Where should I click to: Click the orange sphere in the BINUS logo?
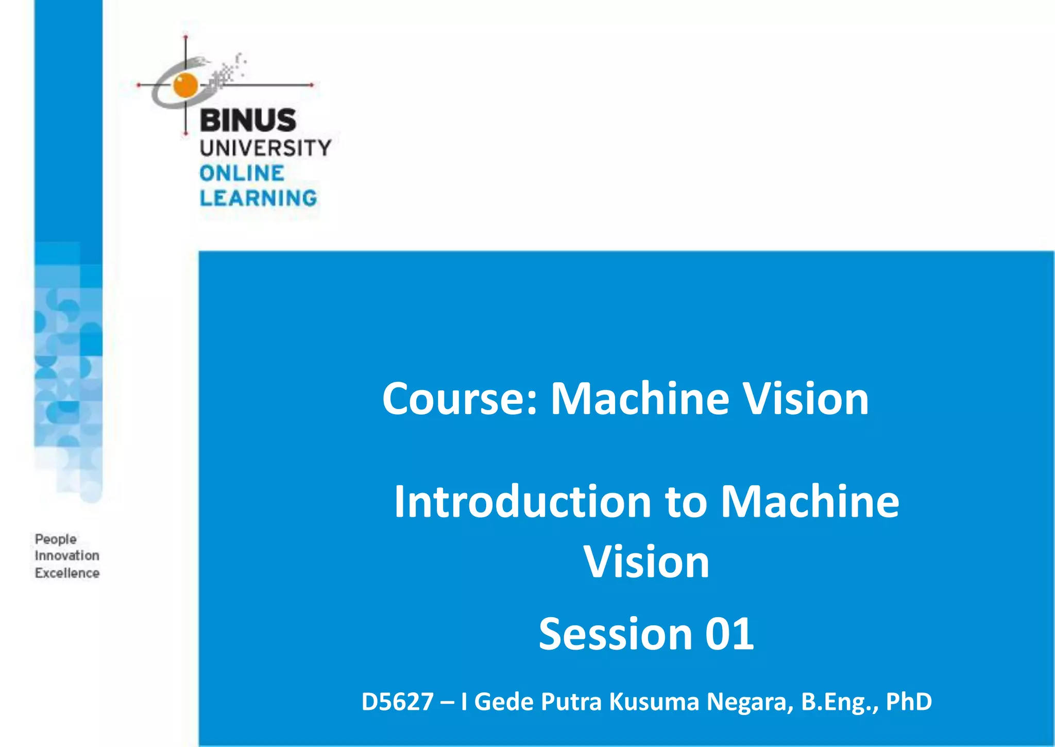185,85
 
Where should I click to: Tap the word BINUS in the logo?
248,121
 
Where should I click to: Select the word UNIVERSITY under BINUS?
265,148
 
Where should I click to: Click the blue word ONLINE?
242,174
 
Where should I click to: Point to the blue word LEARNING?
258,198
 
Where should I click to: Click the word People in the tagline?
56,539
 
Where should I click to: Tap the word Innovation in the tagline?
67,556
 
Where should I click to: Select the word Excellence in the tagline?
67,573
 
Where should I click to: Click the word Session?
615,634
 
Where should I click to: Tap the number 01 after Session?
729,634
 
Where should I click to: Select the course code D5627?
397,702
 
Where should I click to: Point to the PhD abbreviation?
909,702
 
